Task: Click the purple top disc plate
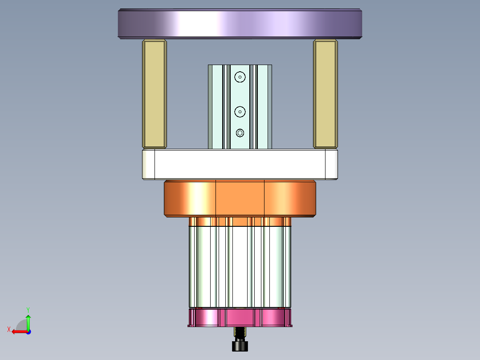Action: pos(240,24)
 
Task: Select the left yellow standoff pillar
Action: pos(154,94)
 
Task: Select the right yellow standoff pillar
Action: pos(325,94)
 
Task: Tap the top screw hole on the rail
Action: pos(240,77)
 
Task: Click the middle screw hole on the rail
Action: pos(240,112)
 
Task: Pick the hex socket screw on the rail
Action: pos(240,133)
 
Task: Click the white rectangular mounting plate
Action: pos(240,164)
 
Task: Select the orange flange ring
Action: pos(240,199)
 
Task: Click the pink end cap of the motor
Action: pos(240,318)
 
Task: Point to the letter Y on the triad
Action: pos(28,309)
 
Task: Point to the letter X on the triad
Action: pos(9,329)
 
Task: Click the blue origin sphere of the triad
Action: pos(28,331)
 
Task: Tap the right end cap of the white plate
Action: pos(331,164)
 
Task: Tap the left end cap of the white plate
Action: pos(148,164)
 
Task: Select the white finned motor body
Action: pos(240,267)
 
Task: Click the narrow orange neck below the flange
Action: pos(240,221)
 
